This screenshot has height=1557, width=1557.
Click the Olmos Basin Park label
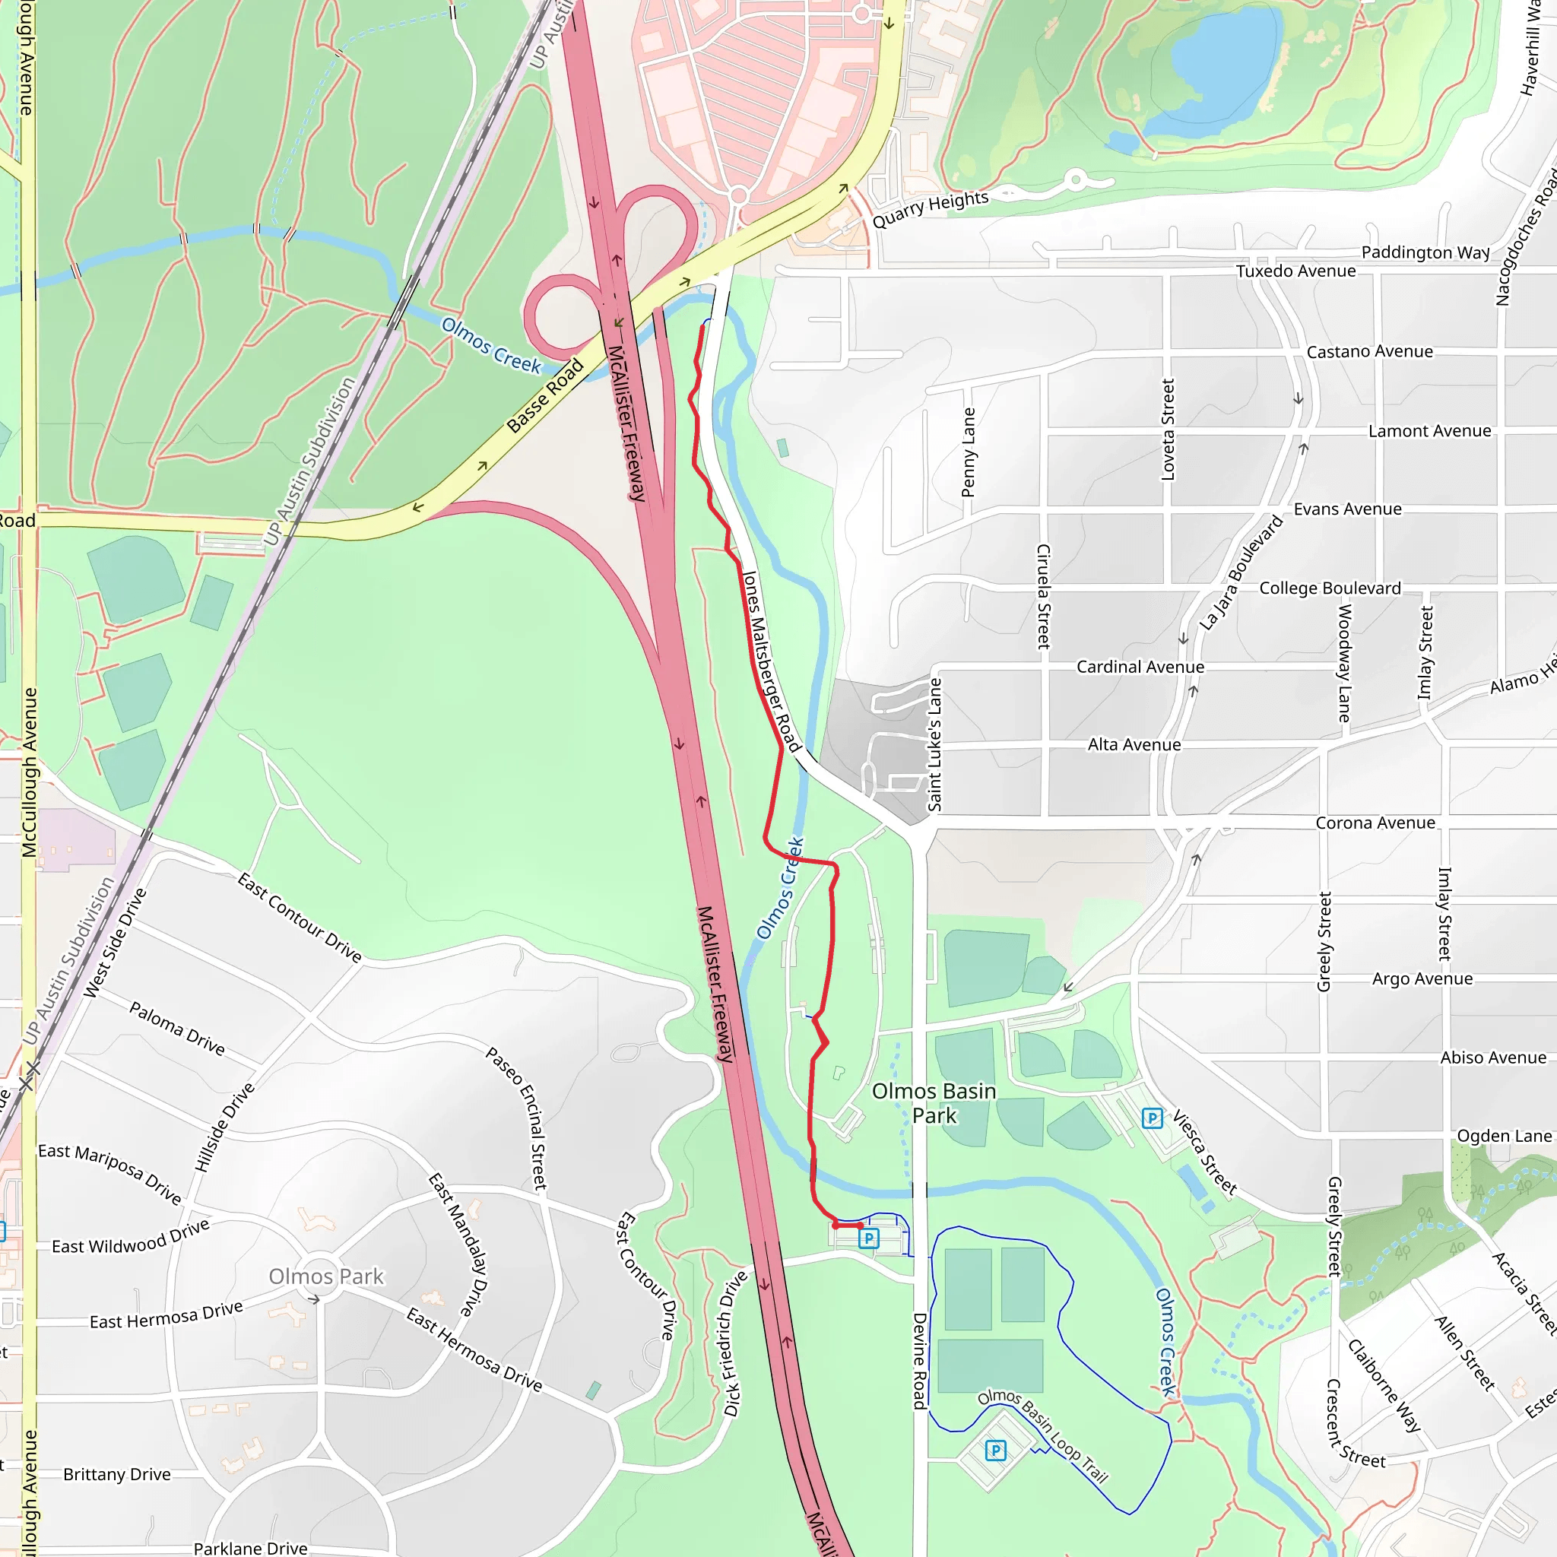pyautogui.click(x=934, y=1103)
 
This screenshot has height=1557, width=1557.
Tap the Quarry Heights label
pyautogui.click(x=930, y=210)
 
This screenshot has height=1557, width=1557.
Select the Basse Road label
pyautogui.click(x=545, y=395)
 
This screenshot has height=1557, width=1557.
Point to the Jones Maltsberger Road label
pyautogui.click(x=770, y=661)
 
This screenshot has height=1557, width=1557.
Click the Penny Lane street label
pyautogui.click(x=969, y=452)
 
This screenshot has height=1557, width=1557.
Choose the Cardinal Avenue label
pyautogui.click(x=1140, y=668)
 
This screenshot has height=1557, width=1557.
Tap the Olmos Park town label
pyautogui.click(x=326, y=1276)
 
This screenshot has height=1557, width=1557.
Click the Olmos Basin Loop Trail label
pyautogui.click(x=1043, y=1435)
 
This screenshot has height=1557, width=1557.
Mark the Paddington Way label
pyautogui.click(x=1425, y=252)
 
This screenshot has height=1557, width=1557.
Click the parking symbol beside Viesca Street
pyautogui.click(x=1153, y=1118)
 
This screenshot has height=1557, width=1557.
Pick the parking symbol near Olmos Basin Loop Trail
pyautogui.click(x=996, y=1451)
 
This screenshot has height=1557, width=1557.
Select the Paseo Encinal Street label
pyautogui.click(x=516, y=1118)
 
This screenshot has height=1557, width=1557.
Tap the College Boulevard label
pyautogui.click(x=1330, y=588)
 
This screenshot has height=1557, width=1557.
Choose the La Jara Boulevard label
pyautogui.click(x=1240, y=573)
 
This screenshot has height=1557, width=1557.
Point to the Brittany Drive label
pyautogui.click(x=118, y=1474)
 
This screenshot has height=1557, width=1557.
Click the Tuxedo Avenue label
pyautogui.click(x=1296, y=271)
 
